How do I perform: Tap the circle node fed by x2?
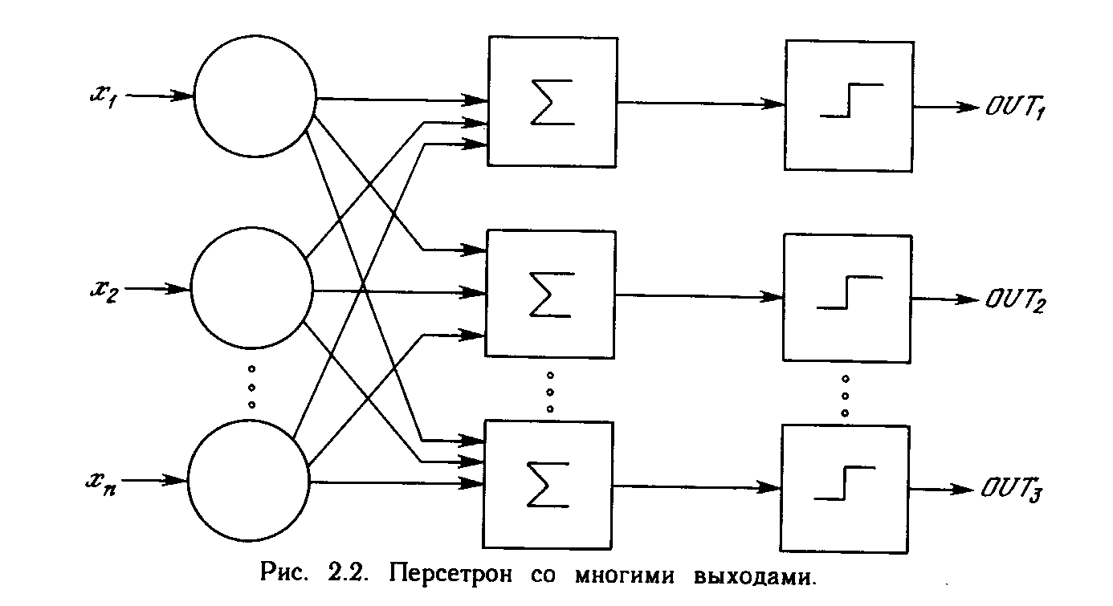[251, 287]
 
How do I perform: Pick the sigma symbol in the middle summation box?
[549, 295]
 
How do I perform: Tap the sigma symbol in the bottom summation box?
[548, 486]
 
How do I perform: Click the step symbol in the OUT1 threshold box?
[850, 100]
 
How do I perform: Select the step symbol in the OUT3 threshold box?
[845, 482]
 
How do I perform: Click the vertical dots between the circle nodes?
[251, 388]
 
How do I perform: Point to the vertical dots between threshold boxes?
[846, 394]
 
